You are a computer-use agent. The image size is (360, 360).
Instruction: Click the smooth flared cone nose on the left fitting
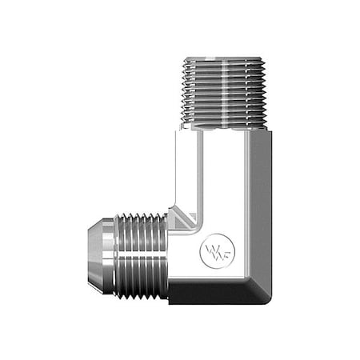coord(100,255)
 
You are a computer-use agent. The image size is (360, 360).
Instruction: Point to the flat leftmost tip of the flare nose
coord(89,255)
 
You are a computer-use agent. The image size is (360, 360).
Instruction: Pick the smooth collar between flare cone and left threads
coord(114,255)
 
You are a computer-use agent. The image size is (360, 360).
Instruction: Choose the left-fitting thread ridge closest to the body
coord(164,255)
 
